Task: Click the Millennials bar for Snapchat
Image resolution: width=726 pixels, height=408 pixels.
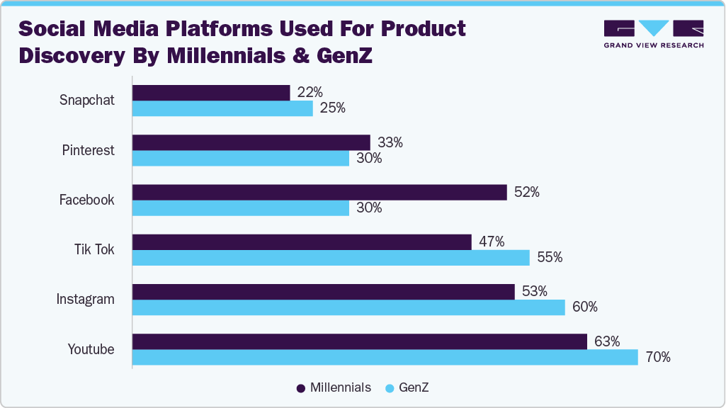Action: (x=211, y=93)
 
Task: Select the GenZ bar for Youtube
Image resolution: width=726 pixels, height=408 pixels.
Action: (x=385, y=357)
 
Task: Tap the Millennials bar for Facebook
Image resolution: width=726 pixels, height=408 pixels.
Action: (x=319, y=192)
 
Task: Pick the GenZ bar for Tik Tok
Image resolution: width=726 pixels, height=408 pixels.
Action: (x=331, y=258)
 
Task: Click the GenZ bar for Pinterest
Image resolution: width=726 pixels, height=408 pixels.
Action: (x=241, y=159)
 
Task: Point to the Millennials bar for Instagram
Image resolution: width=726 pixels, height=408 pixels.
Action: (x=323, y=291)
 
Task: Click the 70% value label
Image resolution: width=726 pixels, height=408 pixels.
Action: (x=658, y=357)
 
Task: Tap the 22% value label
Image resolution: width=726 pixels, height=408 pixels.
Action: (x=310, y=92)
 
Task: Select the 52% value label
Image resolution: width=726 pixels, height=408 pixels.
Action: (x=527, y=192)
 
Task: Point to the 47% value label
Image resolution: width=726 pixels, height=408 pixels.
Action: (x=492, y=242)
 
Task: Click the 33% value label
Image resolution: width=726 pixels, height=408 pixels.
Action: (x=390, y=142)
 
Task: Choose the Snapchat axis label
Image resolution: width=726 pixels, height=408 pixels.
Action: (x=86, y=101)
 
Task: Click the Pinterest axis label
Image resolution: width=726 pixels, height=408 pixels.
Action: (x=88, y=150)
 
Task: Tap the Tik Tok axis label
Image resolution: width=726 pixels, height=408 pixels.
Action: (x=94, y=249)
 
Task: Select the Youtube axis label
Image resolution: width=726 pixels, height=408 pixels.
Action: (x=91, y=348)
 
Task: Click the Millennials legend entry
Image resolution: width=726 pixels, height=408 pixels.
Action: (x=334, y=387)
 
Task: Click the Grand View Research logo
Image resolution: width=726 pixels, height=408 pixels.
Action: (x=653, y=34)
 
